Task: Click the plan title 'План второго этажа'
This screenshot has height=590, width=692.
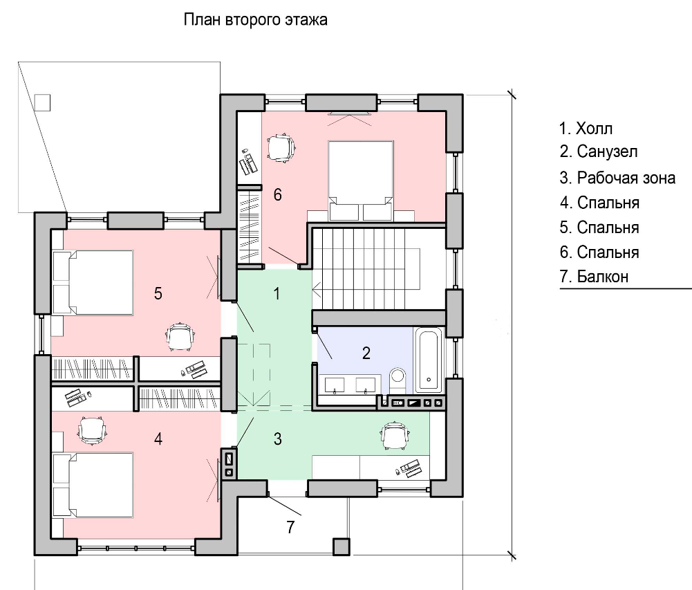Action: (x=255, y=20)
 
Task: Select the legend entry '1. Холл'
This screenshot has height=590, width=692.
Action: (x=586, y=129)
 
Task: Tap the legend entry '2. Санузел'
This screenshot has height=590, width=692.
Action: (x=599, y=151)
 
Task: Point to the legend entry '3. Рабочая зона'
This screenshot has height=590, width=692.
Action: (x=617, y=178)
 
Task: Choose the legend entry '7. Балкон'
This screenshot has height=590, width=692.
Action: (x=594, y=277)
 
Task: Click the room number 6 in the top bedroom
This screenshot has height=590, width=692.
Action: (x=278, y=195)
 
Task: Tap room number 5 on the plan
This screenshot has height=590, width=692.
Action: (x=158, y=293)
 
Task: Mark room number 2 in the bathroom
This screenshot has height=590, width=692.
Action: (x=366, y=353)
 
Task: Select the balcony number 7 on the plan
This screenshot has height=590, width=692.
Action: (x=290, y=527)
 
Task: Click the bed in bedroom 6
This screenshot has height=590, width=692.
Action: (x=361, y=181)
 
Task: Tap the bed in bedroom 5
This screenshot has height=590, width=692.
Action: (x=93, y=283)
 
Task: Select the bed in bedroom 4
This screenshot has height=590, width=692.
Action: (x=93, y=485)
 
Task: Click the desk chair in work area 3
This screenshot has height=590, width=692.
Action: (x=395, y=435)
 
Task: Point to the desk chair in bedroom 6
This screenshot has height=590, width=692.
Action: (x=281, y=147)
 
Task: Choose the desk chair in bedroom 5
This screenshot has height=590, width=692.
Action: (x=180, y=337)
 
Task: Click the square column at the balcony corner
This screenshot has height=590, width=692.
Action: (x=341, y=546)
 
